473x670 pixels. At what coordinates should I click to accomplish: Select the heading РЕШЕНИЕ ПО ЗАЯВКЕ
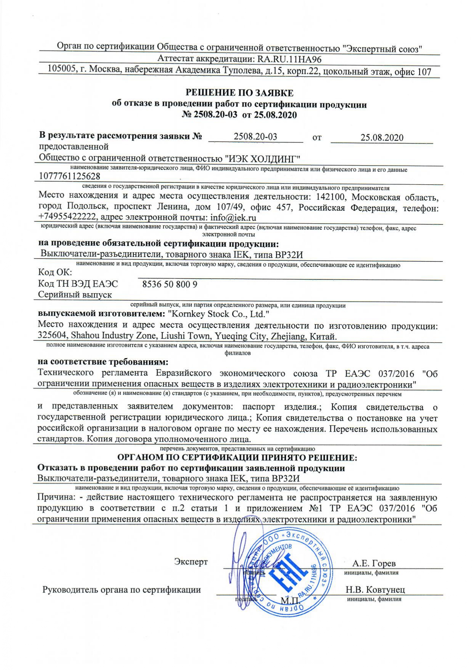[x=239, y=93]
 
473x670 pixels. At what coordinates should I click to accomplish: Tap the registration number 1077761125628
[x=70, y=176]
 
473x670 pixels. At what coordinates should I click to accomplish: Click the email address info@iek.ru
[x=233, y=218]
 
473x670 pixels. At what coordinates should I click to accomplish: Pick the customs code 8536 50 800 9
[x=170, y=284]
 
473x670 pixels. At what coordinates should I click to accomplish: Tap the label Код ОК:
[x=55, y=273]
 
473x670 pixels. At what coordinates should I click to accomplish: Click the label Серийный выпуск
[x=75, y=295]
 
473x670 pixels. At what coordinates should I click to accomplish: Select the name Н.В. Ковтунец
[x=375, y=589]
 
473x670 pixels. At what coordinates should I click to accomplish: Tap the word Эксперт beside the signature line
[x=191, y=562]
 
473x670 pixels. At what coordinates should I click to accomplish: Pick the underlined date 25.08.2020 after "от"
[x=382, y=138]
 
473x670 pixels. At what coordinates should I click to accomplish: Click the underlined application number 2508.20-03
[x=255, y=137]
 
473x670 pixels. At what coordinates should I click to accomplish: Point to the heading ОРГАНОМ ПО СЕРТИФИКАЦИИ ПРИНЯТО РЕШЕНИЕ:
[x=237, y=457]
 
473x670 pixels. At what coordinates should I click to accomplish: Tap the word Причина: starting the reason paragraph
[x=55, y=498]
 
